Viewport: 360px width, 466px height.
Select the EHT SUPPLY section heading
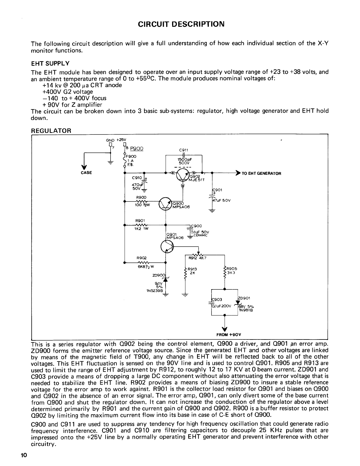pos(50,63)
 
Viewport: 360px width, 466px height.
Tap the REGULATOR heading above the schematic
pos(51,131)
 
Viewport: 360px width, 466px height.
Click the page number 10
pos(24,455)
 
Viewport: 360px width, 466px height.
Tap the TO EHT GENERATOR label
pos(261,173)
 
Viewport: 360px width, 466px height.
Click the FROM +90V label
pos(229,334)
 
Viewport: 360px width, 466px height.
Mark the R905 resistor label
pos(232,268)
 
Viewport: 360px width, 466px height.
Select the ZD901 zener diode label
pos(244,298)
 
